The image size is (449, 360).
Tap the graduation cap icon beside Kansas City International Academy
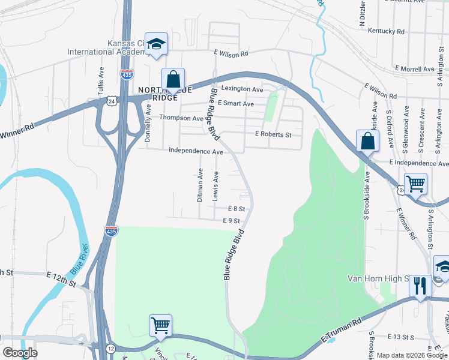[x=156, y=44]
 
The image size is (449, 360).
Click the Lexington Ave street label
[x=242, y=89]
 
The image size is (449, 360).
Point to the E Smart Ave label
[x=235, y=104]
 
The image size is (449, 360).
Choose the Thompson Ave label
[x=181, y=118]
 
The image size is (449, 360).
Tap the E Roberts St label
[x=273, y=134]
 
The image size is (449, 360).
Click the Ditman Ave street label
[x=200, y=184]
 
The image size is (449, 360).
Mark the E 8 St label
[x=237, y=208]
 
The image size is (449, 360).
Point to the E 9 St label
[x=231, y=221]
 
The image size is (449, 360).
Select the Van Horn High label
[x=378, y=279]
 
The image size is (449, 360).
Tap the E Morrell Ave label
[x=414, y=70]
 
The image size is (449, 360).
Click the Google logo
[x=19, y=353]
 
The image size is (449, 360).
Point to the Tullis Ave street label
[x=101, y=81]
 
